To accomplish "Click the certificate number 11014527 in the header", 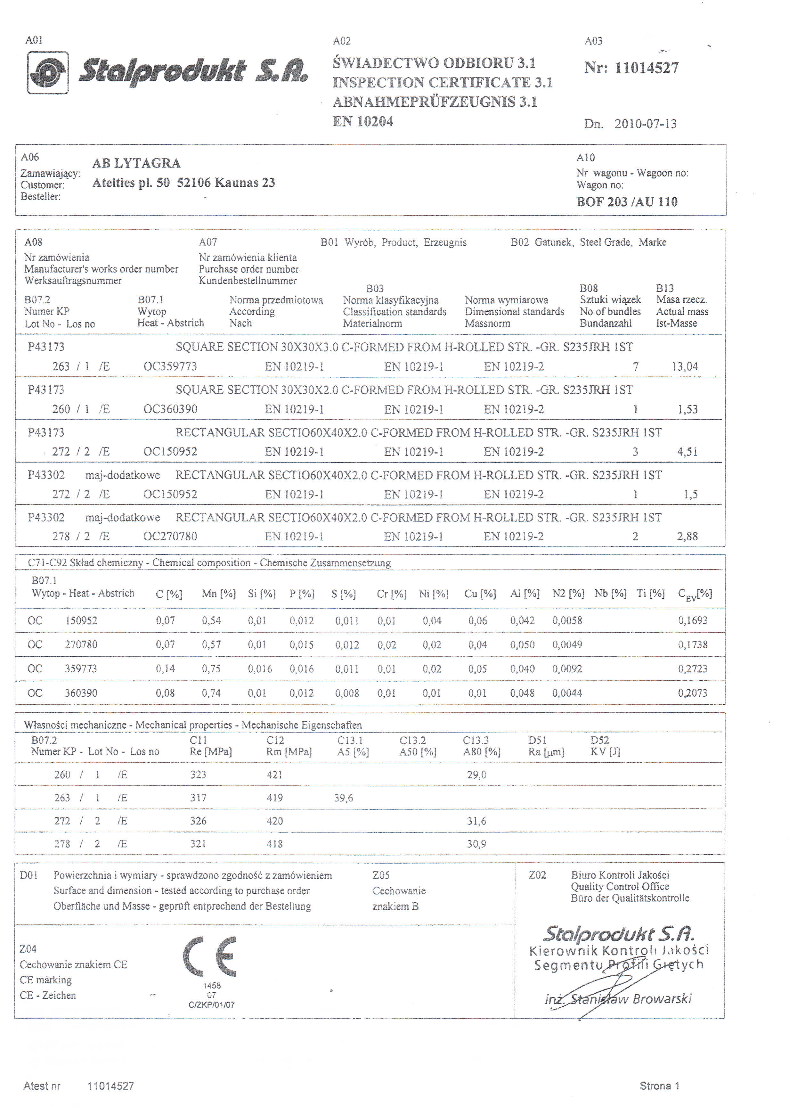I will (x=646, y=68).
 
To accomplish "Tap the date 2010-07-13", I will (x=645, y=124).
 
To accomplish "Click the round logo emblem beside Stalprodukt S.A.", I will (x=48, y=73).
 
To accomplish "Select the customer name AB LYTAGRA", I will (x=136, y=163).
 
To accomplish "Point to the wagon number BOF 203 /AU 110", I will (x=627, y=202).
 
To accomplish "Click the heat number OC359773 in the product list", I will (x=170, y=366).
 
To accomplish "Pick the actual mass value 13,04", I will (x=685, y=367).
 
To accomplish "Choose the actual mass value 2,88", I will (x=687, y=537).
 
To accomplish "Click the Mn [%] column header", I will (x=219, y=594).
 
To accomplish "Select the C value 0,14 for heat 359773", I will (x=165, y=669).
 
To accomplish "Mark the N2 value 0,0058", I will (x=567, y=620).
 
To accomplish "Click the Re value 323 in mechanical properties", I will (x=198, y=775).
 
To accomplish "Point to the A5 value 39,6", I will (x=344, y=798).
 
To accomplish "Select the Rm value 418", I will (x=274, y=844).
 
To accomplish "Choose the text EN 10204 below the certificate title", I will (x=362, y=121).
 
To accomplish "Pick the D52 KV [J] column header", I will (x=605, y=746).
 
